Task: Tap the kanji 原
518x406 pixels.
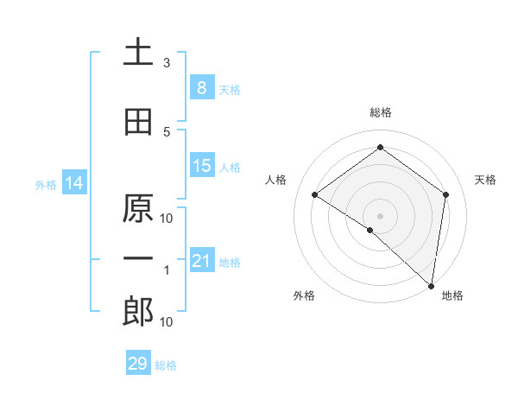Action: coord(138,209)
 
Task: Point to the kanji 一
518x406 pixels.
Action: coord(138,258)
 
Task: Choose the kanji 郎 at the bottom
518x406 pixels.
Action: coord(138,312)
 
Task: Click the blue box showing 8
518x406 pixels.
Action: coord(201,88)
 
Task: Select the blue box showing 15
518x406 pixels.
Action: coord(201,167)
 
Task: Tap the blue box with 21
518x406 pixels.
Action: coord(201,261)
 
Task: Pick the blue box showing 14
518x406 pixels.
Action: coord(73,183)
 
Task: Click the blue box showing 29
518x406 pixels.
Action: coord(137,364)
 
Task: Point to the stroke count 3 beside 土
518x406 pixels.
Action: coord(167,63)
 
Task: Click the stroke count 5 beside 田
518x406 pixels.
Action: coord(167,131)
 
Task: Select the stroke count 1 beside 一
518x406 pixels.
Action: coord(167,270)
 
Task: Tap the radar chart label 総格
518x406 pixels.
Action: coord(380,112)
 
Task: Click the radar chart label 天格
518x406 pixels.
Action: coord(485,180)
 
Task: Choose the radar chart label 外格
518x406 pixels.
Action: coord(303,295)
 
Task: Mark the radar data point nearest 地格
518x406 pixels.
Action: coord(431,285)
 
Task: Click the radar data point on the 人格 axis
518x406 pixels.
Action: coord(315,194)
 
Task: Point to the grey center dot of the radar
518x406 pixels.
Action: coord(380,215)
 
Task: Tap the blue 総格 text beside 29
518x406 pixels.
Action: coord(166,365)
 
